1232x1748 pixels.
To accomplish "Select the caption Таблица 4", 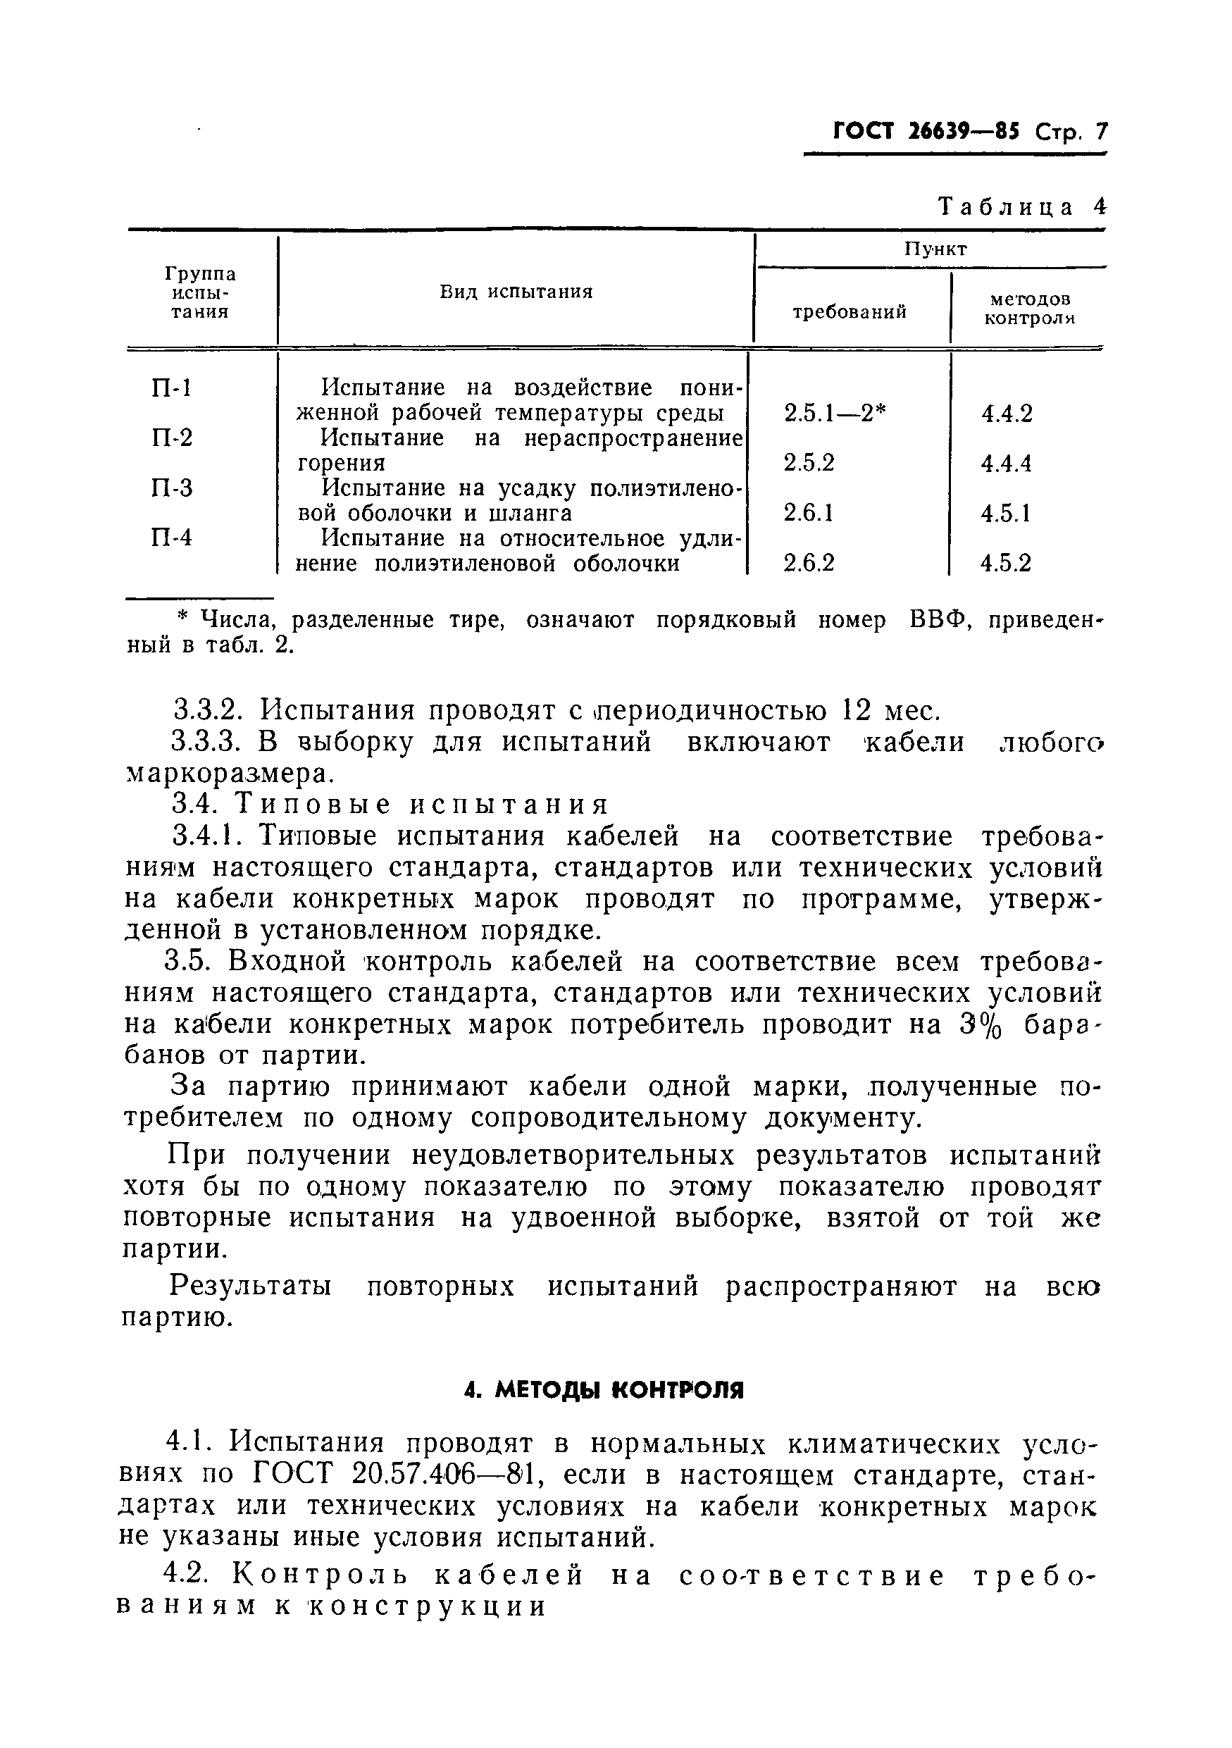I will (1022, 207).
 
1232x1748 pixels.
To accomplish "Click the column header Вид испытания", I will (516, 292).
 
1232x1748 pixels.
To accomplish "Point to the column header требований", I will (850, 311).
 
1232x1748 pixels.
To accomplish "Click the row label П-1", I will (171, 388).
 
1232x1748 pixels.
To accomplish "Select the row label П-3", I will (172, 488).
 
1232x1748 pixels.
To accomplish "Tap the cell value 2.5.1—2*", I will (835, 414).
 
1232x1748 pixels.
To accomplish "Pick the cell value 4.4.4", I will (1006, 464).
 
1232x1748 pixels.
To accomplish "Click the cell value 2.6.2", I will (809, 563).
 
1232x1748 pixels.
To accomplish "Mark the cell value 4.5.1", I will (1005, 514).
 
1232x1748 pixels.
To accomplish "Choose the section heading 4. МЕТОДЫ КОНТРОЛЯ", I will (603, 1391).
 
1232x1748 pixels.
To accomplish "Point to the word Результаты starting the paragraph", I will (250, 1287).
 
